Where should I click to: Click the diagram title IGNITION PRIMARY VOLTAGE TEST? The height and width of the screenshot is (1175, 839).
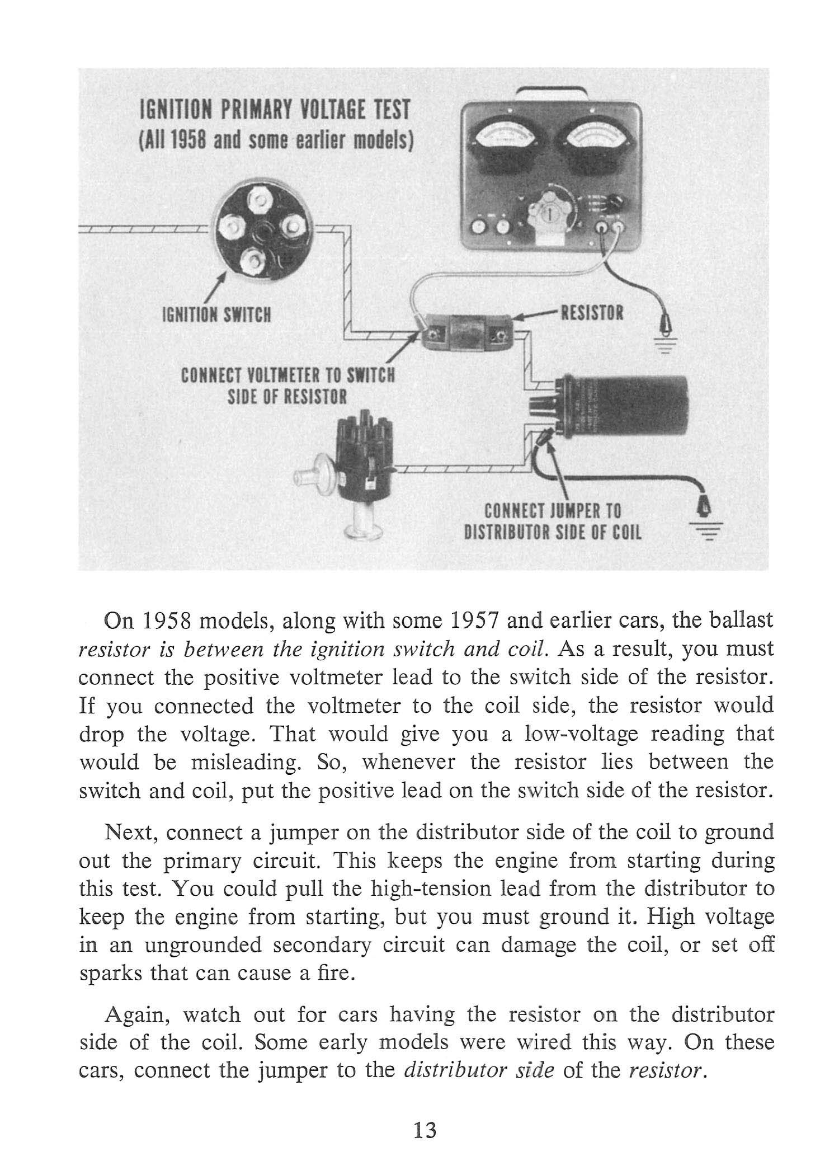coord(275,109)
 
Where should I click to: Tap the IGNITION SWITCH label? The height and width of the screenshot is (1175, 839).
coord(216,316)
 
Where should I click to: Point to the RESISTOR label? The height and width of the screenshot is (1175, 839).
coord(592,312)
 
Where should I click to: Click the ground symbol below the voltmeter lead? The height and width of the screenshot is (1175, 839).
coord(667,347)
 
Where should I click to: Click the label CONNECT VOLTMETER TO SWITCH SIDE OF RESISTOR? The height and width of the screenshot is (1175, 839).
coord(287,386)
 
